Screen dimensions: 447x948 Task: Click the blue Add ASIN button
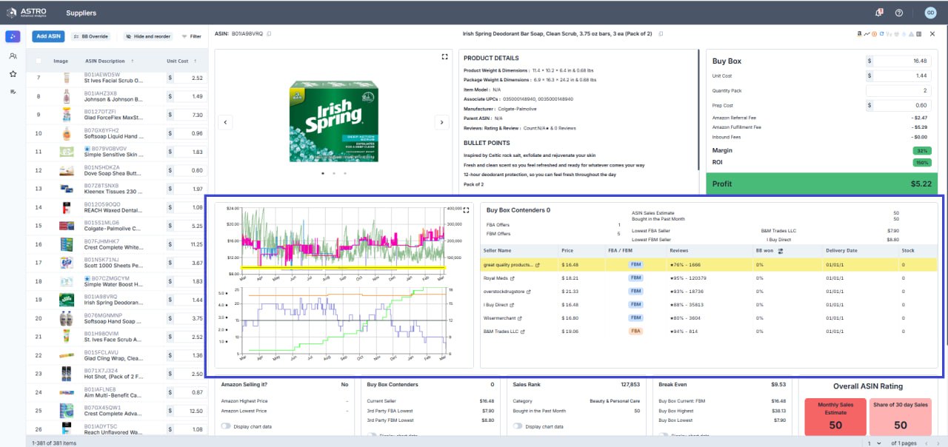click(48, 36)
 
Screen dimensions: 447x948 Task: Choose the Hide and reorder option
click(147, 36)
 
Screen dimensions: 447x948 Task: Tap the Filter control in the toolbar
click(191, 36)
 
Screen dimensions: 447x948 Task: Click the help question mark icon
click(899, 13)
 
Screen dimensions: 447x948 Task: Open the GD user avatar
click(930, 13)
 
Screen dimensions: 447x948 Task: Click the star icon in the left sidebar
click(13, 74)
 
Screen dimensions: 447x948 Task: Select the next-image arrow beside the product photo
click(441, 122)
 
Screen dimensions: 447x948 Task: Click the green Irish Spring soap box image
click(333, 115)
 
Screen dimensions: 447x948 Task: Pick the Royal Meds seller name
click(496, 278)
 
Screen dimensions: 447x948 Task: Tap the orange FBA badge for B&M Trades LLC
click(635, 332)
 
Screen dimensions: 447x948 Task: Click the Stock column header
click(908, 251)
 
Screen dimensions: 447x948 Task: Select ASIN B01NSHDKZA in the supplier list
click(102, 167)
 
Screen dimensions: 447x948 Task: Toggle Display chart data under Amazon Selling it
click(226, 426)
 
